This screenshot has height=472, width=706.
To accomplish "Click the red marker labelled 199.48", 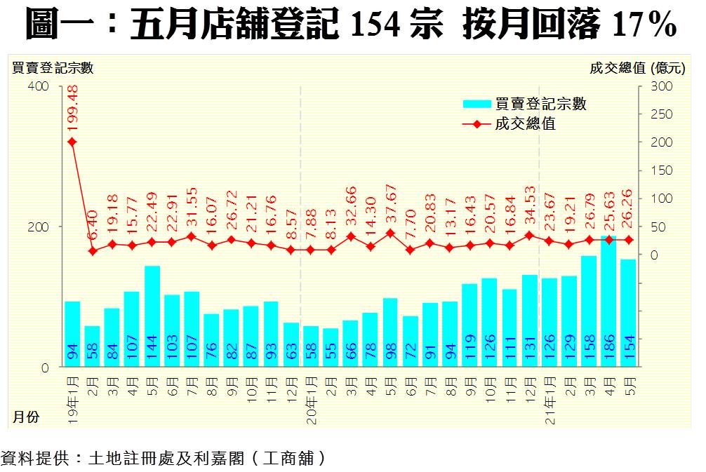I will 72,142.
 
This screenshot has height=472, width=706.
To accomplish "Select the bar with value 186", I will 608,302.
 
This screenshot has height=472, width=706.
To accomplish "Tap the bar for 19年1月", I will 72,334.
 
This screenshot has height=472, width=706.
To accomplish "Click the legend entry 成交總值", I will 525,124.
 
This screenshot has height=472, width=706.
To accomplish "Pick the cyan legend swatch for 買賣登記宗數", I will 477,104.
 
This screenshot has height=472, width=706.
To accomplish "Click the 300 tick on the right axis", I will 663,86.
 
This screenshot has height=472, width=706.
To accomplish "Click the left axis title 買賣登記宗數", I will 53,68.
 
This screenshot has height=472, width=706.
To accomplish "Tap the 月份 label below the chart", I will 26,417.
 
